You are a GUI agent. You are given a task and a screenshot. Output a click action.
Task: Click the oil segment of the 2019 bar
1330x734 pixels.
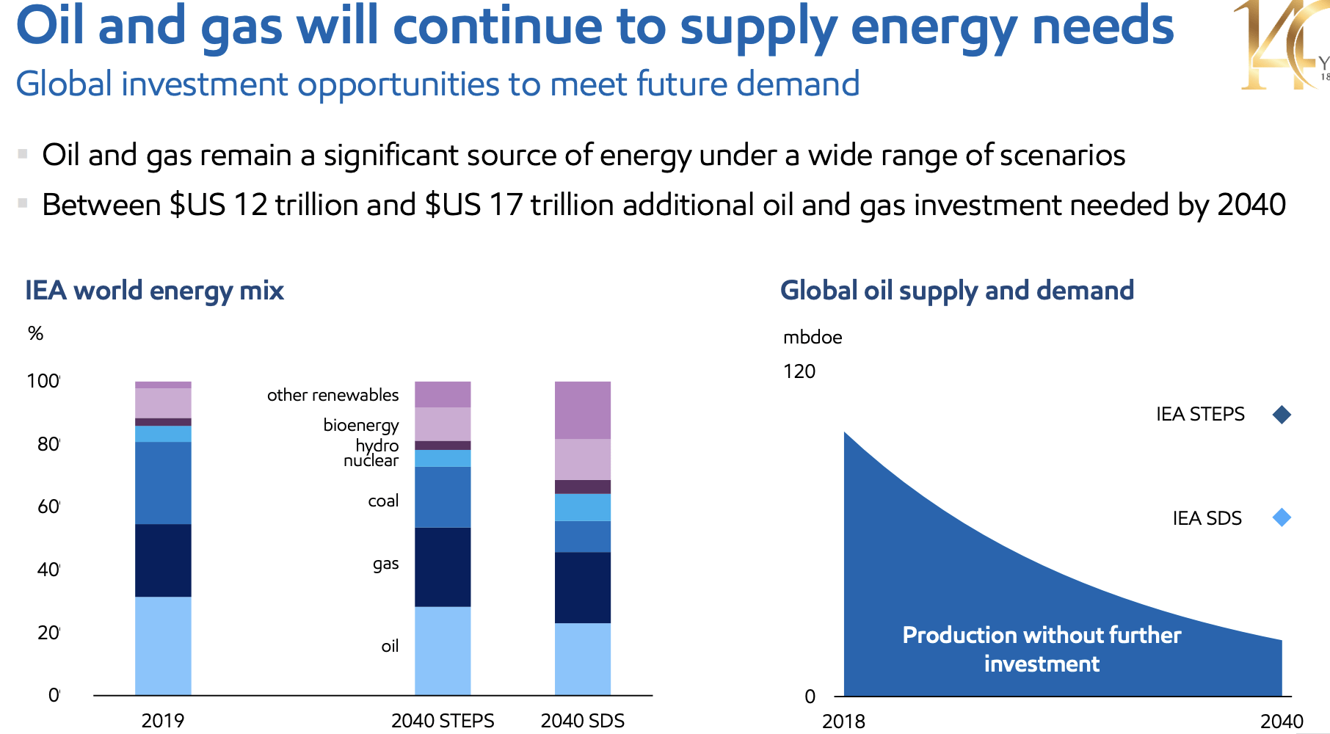[x=163, y=645]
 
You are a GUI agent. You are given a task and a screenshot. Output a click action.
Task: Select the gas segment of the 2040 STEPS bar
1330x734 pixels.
[x=443, y=567]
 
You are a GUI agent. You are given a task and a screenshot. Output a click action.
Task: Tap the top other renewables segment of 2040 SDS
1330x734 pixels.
[x=582, y=410]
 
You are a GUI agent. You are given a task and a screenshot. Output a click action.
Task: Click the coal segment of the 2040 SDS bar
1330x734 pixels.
[x=582, y=537]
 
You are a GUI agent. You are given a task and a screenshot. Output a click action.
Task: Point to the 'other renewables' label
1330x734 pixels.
[x=332, y=395]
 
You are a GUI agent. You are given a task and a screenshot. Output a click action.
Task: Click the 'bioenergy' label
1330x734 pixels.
[x=360, y=425]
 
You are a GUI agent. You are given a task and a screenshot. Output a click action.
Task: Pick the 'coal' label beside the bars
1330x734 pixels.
[x=383, y=501]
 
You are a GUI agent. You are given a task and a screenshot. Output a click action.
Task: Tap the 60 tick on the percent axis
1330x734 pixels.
[x=48, y=506]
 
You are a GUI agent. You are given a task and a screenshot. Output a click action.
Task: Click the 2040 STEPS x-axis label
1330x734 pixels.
[x=443, y=721]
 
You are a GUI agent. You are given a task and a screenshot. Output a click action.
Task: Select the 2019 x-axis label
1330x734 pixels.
[x=162, y=721]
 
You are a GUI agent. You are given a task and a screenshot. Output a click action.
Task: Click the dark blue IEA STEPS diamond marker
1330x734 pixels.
[x=1282, y=415]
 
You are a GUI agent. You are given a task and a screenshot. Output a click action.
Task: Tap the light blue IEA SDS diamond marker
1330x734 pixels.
[x=1282, y=517]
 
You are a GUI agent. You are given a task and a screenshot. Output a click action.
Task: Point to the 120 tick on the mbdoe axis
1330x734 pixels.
[x=799, y=371]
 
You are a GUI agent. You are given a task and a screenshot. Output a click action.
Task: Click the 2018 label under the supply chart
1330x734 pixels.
[x=843, y=722]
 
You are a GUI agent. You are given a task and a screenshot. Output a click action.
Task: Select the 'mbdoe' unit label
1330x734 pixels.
[x=812, y=338]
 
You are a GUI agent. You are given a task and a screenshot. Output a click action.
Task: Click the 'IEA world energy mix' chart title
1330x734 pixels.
[x=154, y=291]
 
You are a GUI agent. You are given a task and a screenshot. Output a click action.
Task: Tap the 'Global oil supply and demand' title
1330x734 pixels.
[x=956, y=291]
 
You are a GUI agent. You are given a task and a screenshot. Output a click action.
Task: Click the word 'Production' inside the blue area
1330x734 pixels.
[x=949, y=635]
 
